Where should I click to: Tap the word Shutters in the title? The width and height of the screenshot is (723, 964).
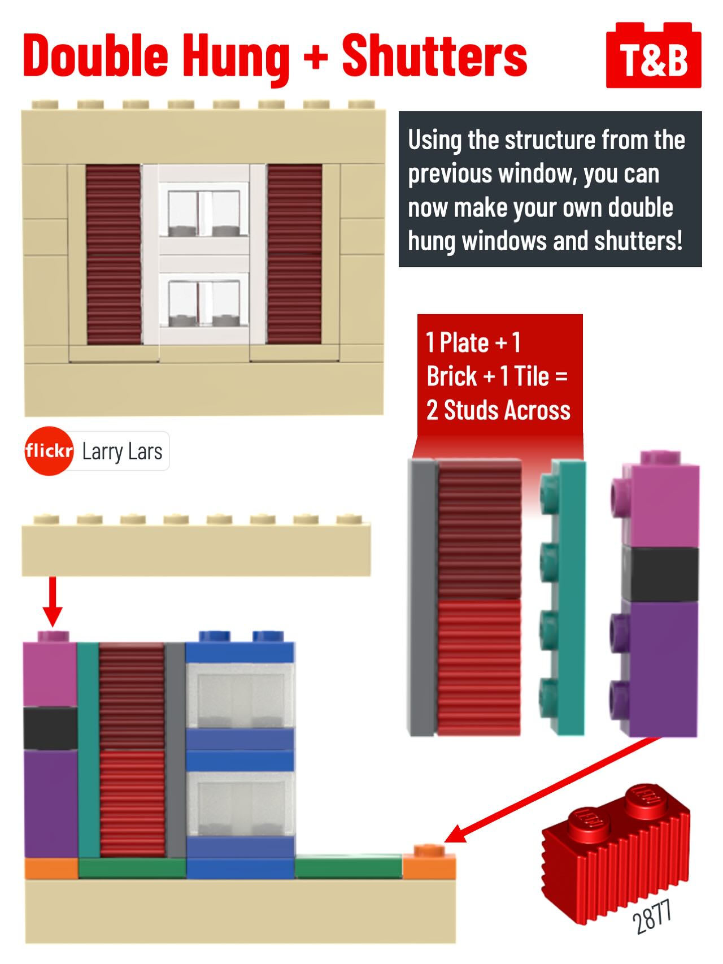(x=434, y=55)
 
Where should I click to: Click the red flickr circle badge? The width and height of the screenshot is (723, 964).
(x=49, y=451)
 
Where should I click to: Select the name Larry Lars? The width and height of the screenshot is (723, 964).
(x=122, y=451)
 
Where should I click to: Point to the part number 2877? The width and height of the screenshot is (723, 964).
(x=652, y=916)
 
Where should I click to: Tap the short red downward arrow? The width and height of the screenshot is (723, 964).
(x=53, y=601)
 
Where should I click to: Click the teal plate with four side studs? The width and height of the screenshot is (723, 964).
(x=563, y=598)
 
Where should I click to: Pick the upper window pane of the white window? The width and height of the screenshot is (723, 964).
(x=204, y=213)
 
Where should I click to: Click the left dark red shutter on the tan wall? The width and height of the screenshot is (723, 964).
(x=114, y=254)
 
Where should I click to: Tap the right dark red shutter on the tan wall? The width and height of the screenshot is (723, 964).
(x=294, y=254)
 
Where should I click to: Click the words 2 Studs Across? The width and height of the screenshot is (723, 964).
(x=498, y=410)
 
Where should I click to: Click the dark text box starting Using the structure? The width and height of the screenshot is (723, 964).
(x=550, y=189)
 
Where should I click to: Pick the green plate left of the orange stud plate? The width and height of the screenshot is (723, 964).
(x=349, y=867)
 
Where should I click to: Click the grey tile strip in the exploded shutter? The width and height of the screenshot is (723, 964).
(x=423, y=597)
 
